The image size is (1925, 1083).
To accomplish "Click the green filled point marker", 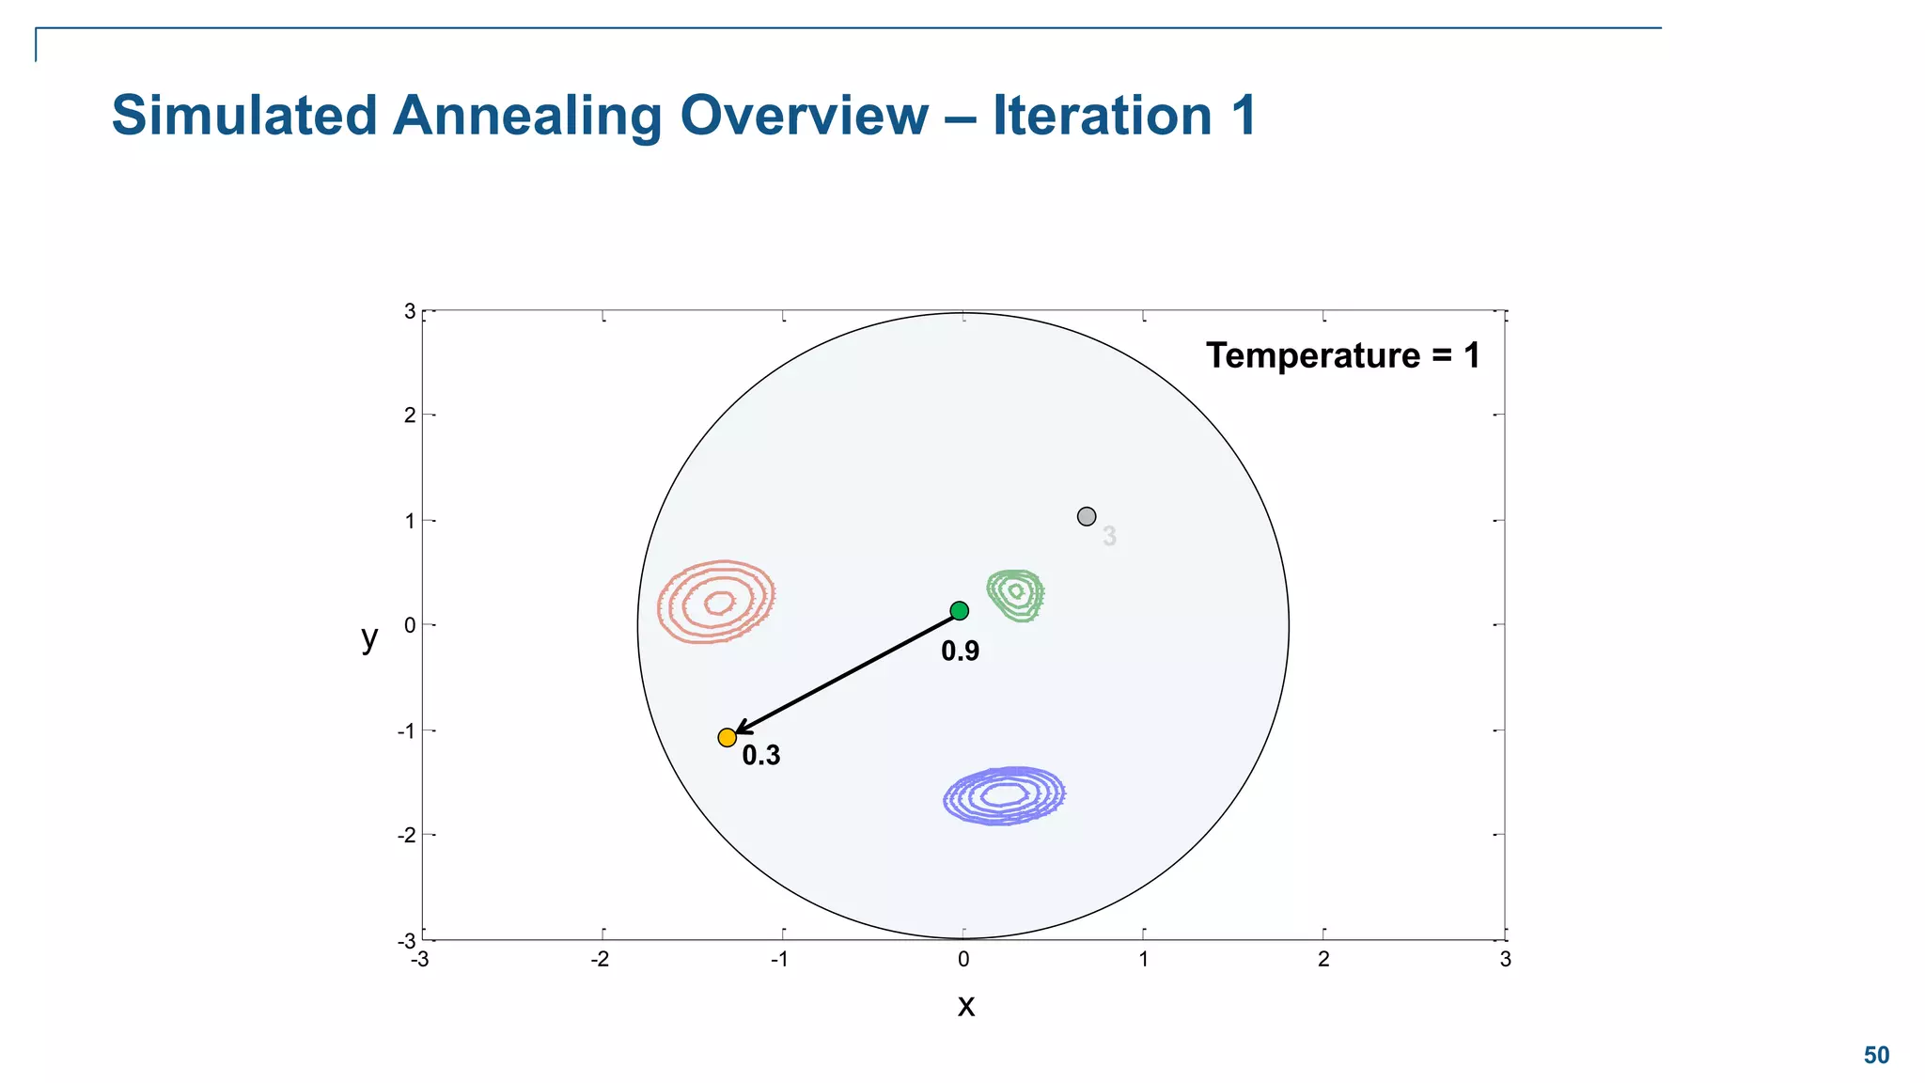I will point(959,611).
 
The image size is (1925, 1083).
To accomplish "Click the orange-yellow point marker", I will point(727,738).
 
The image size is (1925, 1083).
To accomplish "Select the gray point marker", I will point(1087,516).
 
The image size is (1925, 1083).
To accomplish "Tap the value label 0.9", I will point(960,651).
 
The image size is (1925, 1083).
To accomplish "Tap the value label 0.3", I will point(760,755).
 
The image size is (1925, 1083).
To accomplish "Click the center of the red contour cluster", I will point(719,602).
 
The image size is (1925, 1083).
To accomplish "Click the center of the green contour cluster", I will point(1015,593).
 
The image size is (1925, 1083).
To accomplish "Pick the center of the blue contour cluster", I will point(1005,795).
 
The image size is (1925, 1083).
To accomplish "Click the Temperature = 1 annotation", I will point(1342,355).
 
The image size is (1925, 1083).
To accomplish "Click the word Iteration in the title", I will point(1102,116).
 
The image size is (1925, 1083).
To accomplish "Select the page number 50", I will point(1876,1056).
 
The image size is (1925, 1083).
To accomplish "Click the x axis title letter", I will point(965,1006).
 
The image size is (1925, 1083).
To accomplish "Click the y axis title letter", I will point(369,637).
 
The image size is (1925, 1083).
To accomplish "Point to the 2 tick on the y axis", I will point(409,416).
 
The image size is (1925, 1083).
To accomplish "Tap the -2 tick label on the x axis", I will point(599,960).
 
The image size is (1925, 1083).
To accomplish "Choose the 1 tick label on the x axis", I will point(1143,960).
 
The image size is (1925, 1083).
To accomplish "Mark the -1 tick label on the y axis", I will point(406,731).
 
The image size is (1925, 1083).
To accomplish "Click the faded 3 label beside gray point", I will point(1109,537).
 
